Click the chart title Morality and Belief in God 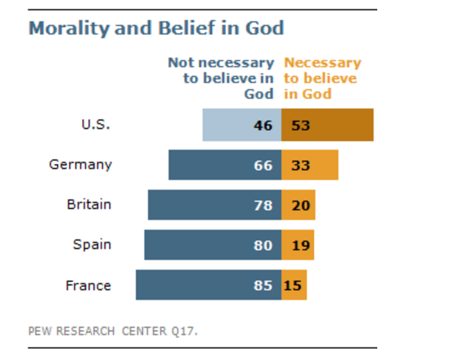click(x=156, y=29)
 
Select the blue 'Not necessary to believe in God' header click(x=221, y=78)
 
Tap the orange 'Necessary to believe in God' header click(x=322, y=78)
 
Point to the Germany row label click(x=81, y=164)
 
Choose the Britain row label click(x=89, y=204)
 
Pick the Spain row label click(x=92, y=244)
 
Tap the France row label click(x=89, y=285)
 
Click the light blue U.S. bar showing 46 click(x=242, y=125)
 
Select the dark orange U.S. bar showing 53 click(x=328, y=125)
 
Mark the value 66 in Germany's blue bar click(x=263, y=165)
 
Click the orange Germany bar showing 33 click(x=310, y=165)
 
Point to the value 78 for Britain click(x=263, y=205)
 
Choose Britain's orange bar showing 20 click(x=298, y=205)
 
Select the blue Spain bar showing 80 click(x=213, y=245)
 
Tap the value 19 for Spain click(x=300, y=245)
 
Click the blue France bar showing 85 click(x=209, y=285)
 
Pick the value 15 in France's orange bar click(x=293, y=285)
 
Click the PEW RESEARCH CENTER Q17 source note click(x=113, y=331)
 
